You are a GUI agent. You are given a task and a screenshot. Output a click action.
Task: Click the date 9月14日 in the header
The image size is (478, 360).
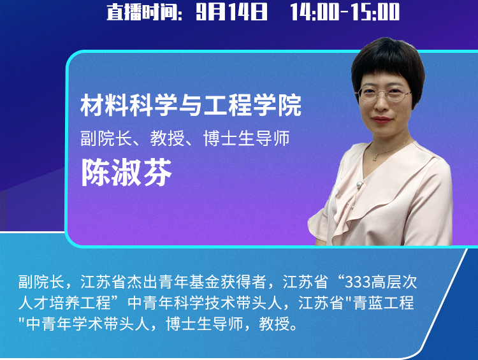click(232, 12)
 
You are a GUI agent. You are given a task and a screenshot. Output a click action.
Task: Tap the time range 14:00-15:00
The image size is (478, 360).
click(345, 12)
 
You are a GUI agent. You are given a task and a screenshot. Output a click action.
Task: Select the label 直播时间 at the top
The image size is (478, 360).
click(141, 13)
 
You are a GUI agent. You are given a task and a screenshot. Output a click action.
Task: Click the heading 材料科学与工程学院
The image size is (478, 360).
click(191, 105)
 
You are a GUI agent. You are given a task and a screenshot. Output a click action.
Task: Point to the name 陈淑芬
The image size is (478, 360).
click(127, 172)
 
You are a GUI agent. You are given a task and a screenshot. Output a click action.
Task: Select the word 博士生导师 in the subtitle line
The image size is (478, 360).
click(246, 138)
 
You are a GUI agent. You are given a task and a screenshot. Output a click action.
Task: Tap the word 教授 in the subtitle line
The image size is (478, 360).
click(168, 138)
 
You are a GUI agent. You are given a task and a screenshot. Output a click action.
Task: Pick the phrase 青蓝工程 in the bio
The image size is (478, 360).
click(384, 303)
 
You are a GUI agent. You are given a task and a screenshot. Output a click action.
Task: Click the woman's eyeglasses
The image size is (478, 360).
click(385, 94)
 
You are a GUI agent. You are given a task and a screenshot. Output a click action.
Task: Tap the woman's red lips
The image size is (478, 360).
click(382, 120)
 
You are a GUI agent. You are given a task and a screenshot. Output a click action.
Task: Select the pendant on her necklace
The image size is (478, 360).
click(375, 157)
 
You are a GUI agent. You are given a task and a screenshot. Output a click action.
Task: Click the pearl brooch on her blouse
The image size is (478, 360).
click(359, 184)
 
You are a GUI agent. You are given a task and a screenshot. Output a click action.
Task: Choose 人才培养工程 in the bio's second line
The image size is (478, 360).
click(64, 303)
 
